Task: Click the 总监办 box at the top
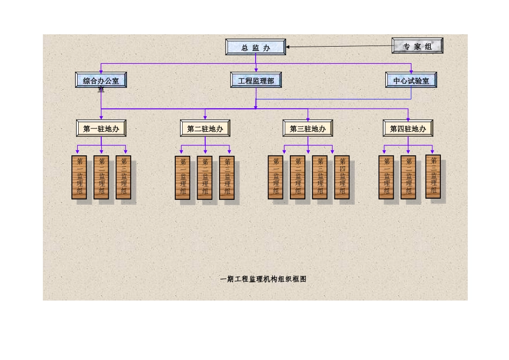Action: (x=256, y=47)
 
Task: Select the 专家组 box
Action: (x=417, y=46)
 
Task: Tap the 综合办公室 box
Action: (x=101, y=80)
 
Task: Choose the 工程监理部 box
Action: (x=256, y=80)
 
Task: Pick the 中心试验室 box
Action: (x=411, y=80)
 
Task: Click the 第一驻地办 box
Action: (x=101, y=129)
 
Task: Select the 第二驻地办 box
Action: (x=205, y=129)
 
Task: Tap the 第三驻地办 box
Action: (x=308, y=129)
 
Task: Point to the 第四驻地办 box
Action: (x=408, y=129)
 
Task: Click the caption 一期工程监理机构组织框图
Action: (x=263, y=279)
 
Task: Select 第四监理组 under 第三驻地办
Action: (x=342, y=177)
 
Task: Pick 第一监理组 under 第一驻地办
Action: (x=79, y=177)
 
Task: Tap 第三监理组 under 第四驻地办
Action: (x=433, y=176)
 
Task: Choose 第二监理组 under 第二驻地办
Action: (x=205, y=177)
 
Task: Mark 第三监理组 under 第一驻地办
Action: (x=123, y=177)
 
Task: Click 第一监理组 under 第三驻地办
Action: (x=275, y=177)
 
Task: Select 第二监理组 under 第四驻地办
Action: (x=408, y=177)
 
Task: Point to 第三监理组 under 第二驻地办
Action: (x=227, y=177)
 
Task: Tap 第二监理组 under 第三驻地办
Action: (x=297, y=177)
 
